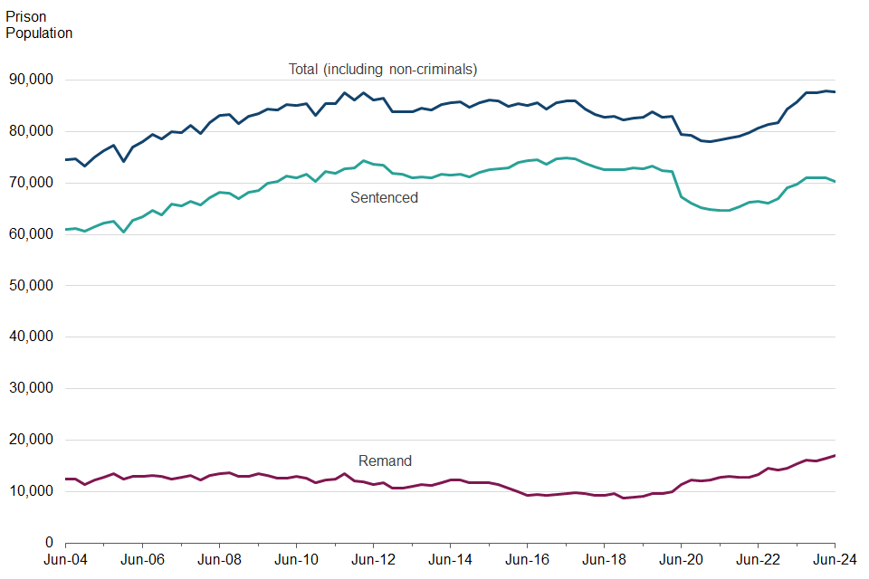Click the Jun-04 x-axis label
66,561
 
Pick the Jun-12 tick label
373,561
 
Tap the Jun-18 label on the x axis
604,561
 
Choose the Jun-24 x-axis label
835,561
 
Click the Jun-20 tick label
681,561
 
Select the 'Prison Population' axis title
39,25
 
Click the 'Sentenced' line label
384,197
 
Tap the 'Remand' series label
385,460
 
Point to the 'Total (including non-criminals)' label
383,69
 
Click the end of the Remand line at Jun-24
835,455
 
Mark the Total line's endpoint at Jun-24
835,92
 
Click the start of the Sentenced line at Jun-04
66,230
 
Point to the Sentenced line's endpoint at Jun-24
835,182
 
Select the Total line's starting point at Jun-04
66,160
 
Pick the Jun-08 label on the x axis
219,561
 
